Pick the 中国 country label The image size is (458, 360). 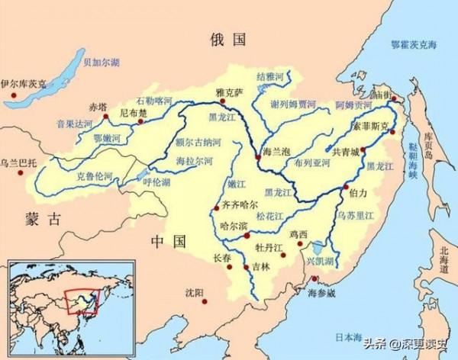coord(168,242)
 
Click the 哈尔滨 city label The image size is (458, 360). coord(231,227)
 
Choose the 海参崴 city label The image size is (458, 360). coord(321,294)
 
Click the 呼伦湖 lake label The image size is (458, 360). coord(157,182)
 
